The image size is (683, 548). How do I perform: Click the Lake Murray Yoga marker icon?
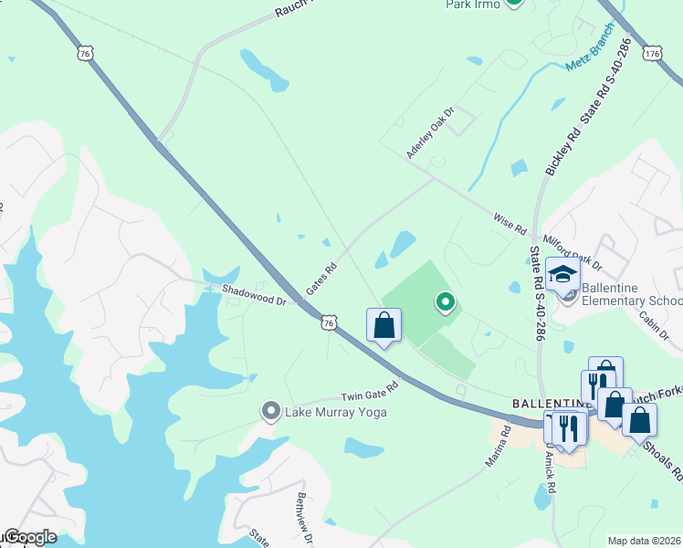(x=270, y=411)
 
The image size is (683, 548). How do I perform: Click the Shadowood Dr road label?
(x=255, y=294)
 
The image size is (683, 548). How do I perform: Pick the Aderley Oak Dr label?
(x=431, y=133)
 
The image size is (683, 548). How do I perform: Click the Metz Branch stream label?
(x=590, y=58)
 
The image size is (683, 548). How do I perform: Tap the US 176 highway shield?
(x=652, y=54)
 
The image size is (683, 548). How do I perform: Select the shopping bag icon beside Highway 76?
(x=384, y=325)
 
